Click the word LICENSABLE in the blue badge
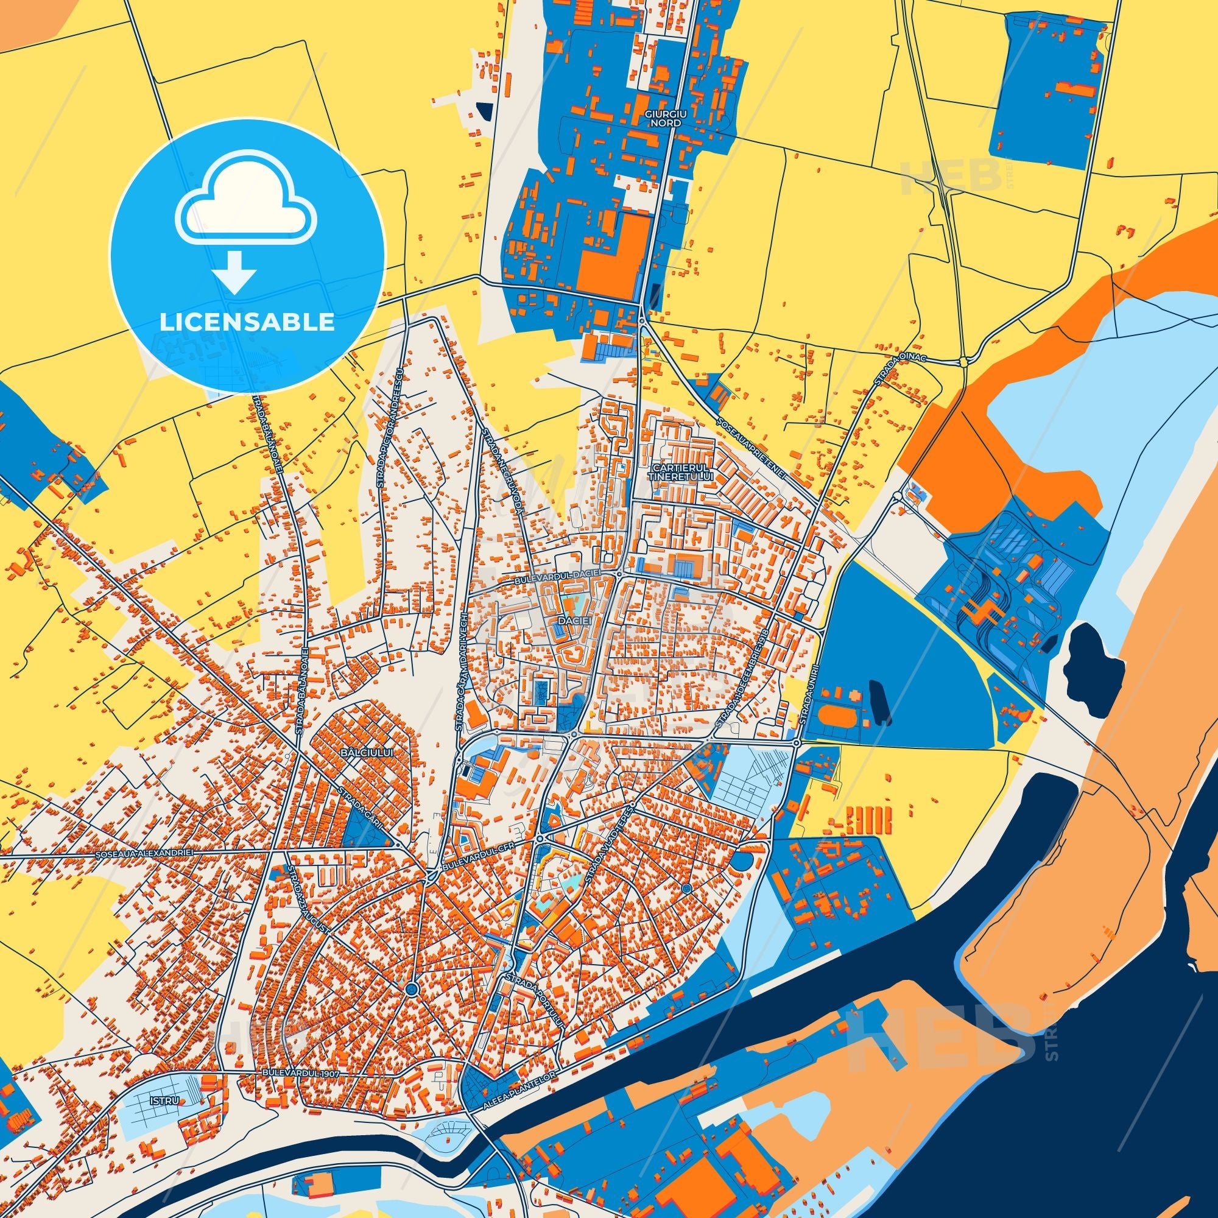pos(247,322)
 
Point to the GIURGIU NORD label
pos(663,118)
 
